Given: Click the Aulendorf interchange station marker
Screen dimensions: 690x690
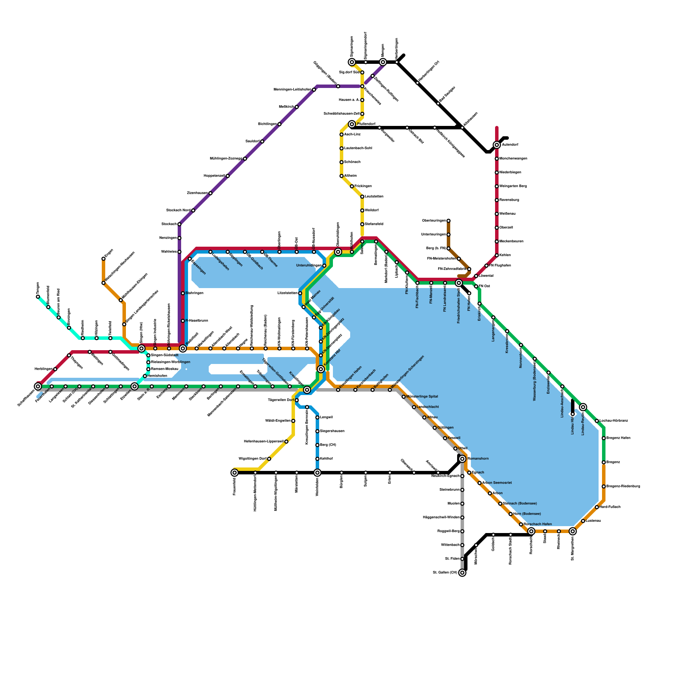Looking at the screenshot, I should (497, 145).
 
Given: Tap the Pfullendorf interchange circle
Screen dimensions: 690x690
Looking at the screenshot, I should (352, 124).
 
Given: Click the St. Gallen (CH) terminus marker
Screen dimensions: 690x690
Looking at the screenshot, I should (462, 573).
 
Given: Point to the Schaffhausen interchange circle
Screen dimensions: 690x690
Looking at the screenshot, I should (38, 386).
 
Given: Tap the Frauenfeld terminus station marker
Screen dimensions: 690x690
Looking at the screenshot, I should (235, 473).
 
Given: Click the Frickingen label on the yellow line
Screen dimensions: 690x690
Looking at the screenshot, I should (363, 186).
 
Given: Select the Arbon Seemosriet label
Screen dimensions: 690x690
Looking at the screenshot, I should (497, 483).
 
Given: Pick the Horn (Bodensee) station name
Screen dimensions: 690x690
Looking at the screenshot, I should (527, 514).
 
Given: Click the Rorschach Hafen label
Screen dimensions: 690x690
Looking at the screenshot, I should (537, 524).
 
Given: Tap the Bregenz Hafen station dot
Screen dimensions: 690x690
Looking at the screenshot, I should (604, 438).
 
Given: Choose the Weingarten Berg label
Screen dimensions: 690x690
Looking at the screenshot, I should (513, 186).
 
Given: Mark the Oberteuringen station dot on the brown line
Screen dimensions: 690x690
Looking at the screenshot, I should (448, 221).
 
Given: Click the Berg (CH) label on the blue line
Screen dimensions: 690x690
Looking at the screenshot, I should (328, 445).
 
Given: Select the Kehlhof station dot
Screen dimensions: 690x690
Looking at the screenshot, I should (317, 459).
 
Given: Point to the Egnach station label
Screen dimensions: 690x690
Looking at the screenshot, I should (478, 473).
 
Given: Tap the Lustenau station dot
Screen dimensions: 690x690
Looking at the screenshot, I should (583, 521).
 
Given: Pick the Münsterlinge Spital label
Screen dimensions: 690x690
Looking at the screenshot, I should (422, 397).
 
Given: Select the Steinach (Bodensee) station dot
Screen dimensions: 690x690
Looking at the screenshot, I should (500, 504).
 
